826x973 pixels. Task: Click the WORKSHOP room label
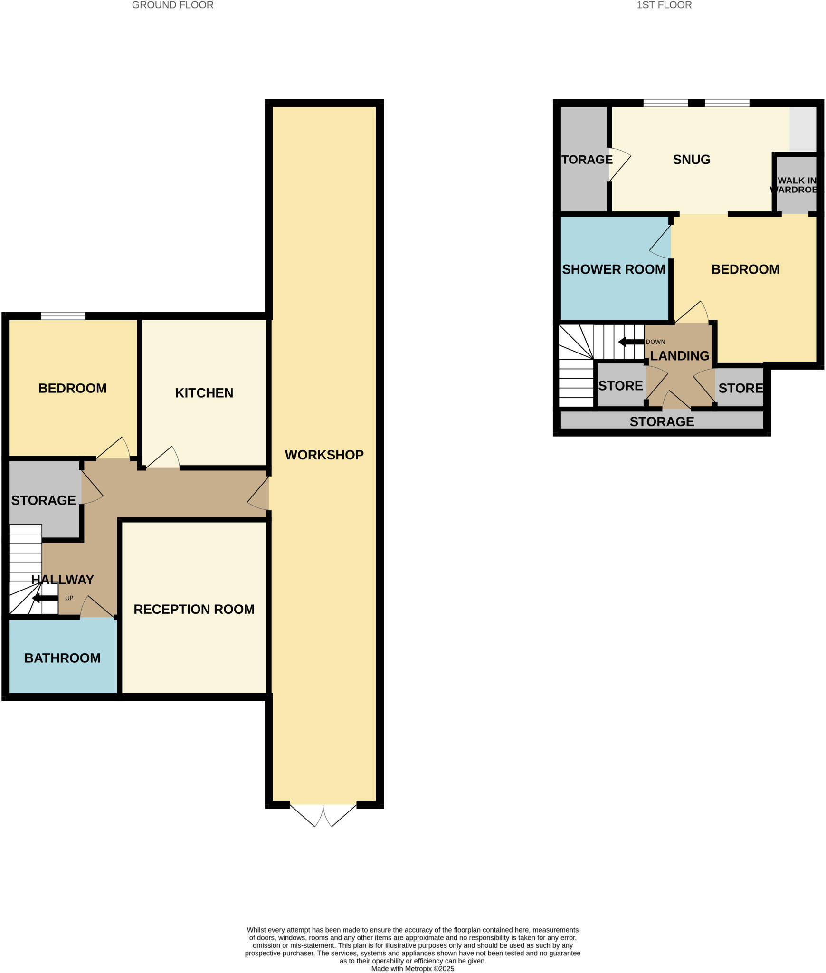324,455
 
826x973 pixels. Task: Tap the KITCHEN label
204,393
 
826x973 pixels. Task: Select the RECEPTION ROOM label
194,609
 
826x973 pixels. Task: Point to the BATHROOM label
62,658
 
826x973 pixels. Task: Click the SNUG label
691,160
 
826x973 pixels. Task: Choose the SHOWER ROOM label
613,269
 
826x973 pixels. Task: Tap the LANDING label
679,356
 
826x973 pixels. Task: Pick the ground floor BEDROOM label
72,388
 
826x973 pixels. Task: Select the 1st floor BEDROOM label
745,269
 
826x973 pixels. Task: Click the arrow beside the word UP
45,598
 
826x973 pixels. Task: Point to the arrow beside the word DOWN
630,342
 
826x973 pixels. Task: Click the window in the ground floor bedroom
63,315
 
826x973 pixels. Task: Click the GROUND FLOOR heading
172,5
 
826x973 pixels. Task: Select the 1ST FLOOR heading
664,5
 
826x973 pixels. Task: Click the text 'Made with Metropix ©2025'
412,969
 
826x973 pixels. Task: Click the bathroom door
97,608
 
